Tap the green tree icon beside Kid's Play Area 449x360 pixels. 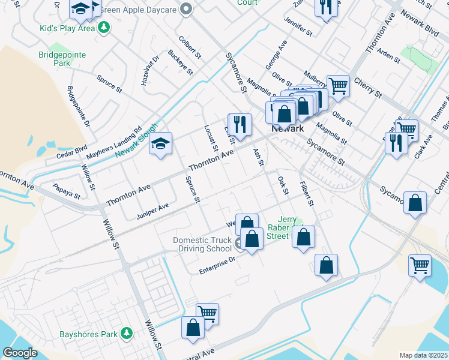(x=104, y=28)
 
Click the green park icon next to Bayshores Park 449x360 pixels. (x=126, y=333)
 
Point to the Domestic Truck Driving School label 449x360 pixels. (x=202, y=244)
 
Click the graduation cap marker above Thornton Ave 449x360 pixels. (x=160, y=144)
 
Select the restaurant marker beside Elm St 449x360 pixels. (x=240, y=124)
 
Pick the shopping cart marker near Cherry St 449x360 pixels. (x=338, y=85)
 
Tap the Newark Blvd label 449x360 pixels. (x=420, y=25)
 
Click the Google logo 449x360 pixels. (x=20, y=353)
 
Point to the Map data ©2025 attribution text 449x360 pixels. (x=423, y=355)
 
